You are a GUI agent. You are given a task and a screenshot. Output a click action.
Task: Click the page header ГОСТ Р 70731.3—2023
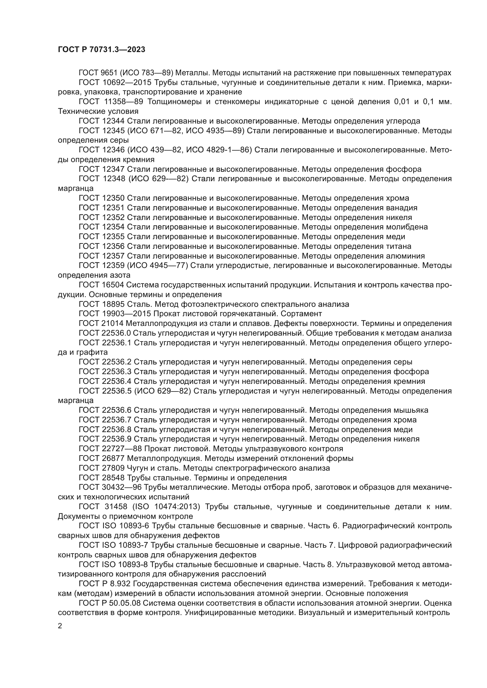pos(101,50)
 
